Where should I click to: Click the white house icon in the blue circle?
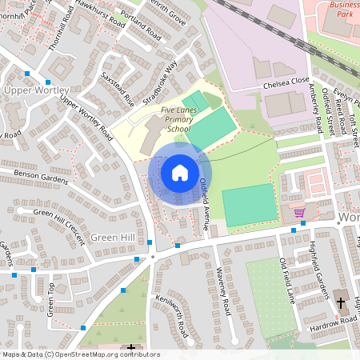click(x=180, y=173)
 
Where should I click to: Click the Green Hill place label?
click(x=112, y=238)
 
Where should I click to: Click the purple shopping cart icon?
click(x=299, y=213)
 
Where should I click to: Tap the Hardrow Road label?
click(x=331, y=321)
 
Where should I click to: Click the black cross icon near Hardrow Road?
click(x=341, y=302)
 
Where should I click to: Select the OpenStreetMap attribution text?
click(x=81, y=354)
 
